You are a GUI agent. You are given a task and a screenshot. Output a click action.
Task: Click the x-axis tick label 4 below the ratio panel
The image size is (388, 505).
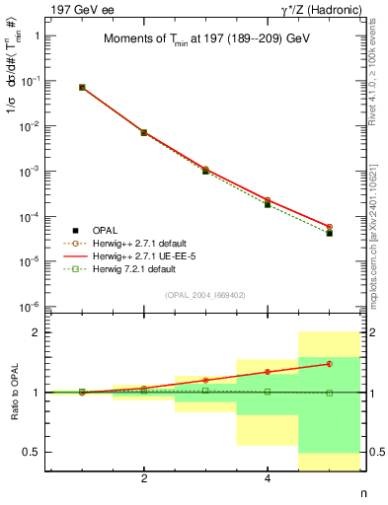[x=268, y=479]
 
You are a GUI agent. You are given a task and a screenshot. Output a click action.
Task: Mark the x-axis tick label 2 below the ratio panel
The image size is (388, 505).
[x=144, y=479]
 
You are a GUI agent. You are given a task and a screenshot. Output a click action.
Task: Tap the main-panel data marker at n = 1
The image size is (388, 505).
[x=82, y=87]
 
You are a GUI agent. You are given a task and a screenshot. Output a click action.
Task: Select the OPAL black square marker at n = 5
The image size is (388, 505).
[x=330, y=234]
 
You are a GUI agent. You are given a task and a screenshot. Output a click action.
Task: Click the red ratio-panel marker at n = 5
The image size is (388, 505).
[x=330, y=364]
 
